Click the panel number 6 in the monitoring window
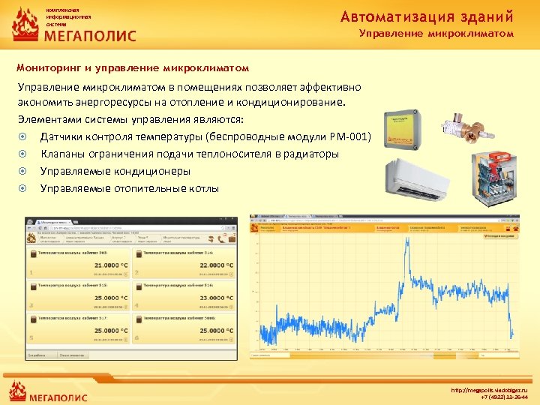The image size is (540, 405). coord(138,338)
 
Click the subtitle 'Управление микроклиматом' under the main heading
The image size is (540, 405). coord(436,34)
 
